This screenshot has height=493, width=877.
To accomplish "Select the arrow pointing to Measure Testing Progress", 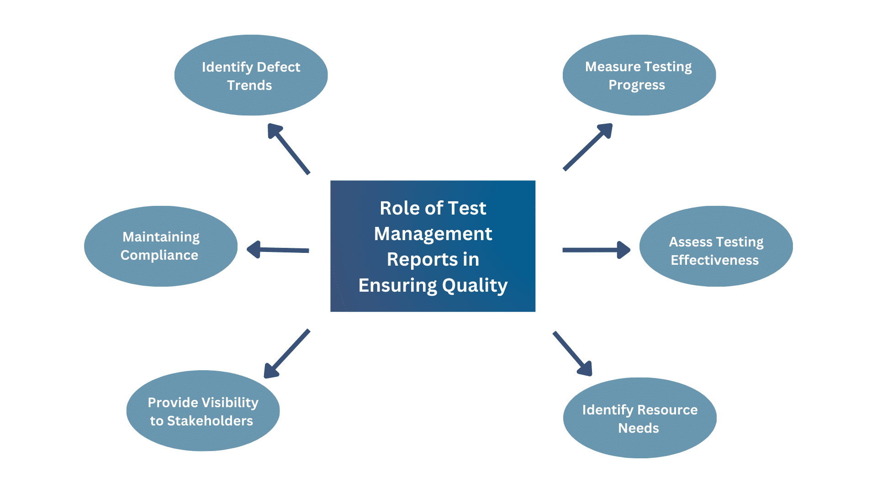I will tap(587, 147).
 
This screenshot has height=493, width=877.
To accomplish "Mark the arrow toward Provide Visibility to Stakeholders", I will tap(287, 354).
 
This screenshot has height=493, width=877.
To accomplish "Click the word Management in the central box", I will tap(433, 234).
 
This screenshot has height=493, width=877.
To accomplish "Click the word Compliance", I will tap(159, 255).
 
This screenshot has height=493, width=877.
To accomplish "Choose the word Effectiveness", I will tap(714, 260).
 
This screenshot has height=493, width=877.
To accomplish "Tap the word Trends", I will tap(249, 85).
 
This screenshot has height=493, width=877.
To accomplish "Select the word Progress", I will tap(637, 85).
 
